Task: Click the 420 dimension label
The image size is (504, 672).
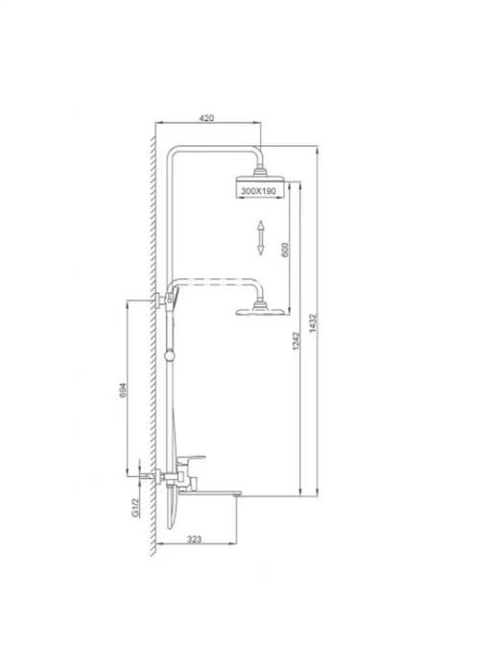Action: point(206,118)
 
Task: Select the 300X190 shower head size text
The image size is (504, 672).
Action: point(258,191)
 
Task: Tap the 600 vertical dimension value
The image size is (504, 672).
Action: point(285,250)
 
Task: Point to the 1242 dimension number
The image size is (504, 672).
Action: point(296,341)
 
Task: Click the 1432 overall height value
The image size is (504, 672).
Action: point(312,324)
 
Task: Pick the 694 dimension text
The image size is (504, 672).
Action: point(123,390)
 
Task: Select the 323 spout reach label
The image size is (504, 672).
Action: point(194,540)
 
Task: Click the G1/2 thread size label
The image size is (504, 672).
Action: point(135,508)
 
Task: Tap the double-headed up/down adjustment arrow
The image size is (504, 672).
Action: point(260,238)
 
